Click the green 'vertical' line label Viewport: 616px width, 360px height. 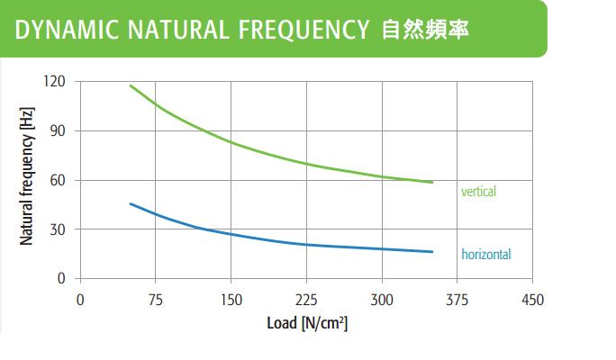coord(478,192)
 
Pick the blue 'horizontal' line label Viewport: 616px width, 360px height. coord(485,255)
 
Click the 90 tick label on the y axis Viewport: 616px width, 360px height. coord(59,131)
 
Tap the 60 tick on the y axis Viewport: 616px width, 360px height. coord(59,181)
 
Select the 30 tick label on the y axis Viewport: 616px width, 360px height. coord(59,229)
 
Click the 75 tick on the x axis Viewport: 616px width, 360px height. coord(156,299)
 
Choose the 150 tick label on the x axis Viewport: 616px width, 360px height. coord(231,299)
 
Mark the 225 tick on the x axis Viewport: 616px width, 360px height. coord(307,299)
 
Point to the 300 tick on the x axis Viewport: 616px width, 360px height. coord(383,299)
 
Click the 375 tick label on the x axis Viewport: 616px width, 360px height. coord(458,299)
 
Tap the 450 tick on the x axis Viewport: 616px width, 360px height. coord(533,299)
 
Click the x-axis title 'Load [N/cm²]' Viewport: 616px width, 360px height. coord(307,323)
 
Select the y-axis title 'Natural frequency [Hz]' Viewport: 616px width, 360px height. coord(27,180)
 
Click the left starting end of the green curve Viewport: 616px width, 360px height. coord(131,85)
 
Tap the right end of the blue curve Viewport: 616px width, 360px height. coord(432,251)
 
